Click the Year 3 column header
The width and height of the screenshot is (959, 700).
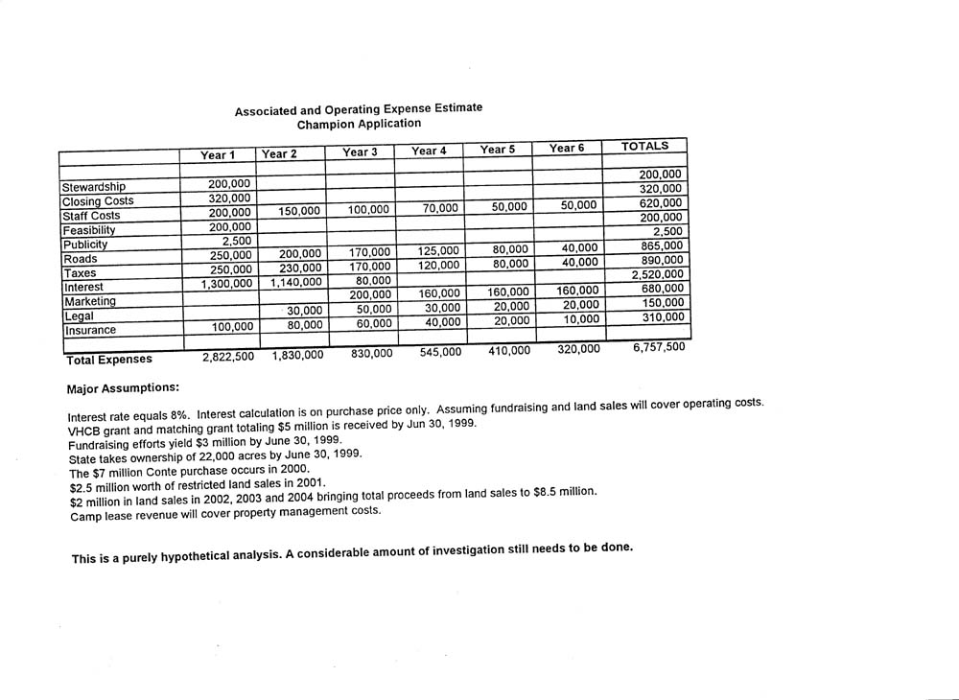pyautogui.click(x=360, y=152)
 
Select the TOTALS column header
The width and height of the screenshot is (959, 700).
pyautogui.click(x=644, y=146)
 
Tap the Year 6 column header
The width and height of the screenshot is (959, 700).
pyautogui.click(x=567, y=148)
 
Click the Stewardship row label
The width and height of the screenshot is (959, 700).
pyautogui.click(x=93, y=186)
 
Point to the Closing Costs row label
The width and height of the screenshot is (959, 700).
pyautogui.click(x=97, y=201)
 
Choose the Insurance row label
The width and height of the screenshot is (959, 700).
pyautogui.click(x=89, y=330)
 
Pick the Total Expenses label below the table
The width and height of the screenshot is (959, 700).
pyautogui.click(x=108, y=360)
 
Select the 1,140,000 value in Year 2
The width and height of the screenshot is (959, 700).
pyautogui.click(x=292, y=283)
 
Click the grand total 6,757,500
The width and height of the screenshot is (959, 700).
pyautogui.click(x=659, y=347)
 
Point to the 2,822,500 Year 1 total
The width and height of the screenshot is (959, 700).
pyautogui.click(x=227, y=357)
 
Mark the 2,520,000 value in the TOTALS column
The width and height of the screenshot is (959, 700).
pyautogui.click(x=657, y=274)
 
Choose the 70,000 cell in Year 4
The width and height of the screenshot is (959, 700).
pyautogui.click(x=441, y=208)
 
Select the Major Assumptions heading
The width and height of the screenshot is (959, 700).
pyautogui.click(x=122, y=389)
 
